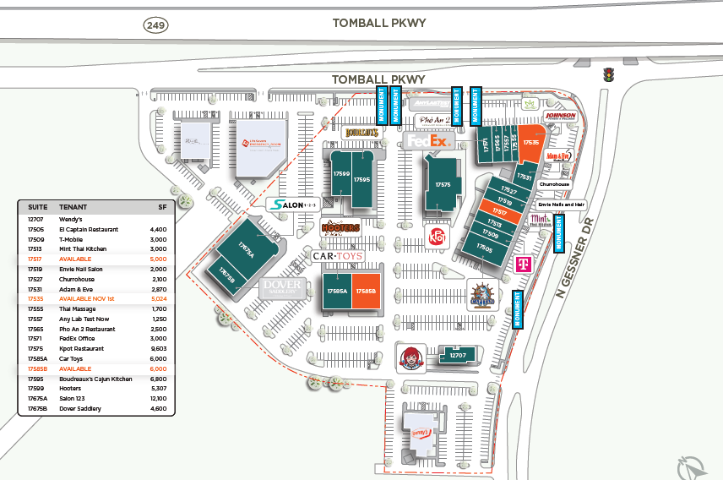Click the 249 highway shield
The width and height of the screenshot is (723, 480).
[155, 25]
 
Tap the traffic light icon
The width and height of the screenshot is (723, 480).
[606, 75]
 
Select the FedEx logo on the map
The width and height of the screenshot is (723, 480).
[427, 142]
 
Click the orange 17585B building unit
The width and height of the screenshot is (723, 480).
[367, 292]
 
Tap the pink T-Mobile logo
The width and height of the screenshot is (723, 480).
[522, 265]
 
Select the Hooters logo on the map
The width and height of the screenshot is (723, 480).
[341, 227]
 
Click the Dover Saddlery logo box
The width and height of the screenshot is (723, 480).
[282, 288]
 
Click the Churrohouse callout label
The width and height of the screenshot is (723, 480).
[555, 183]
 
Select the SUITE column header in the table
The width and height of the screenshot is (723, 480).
[37, 206]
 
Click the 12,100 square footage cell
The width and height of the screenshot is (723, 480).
[158, 399]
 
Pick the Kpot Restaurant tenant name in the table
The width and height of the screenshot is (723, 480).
[82, 349]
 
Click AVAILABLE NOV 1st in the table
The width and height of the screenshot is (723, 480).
[87, 299]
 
